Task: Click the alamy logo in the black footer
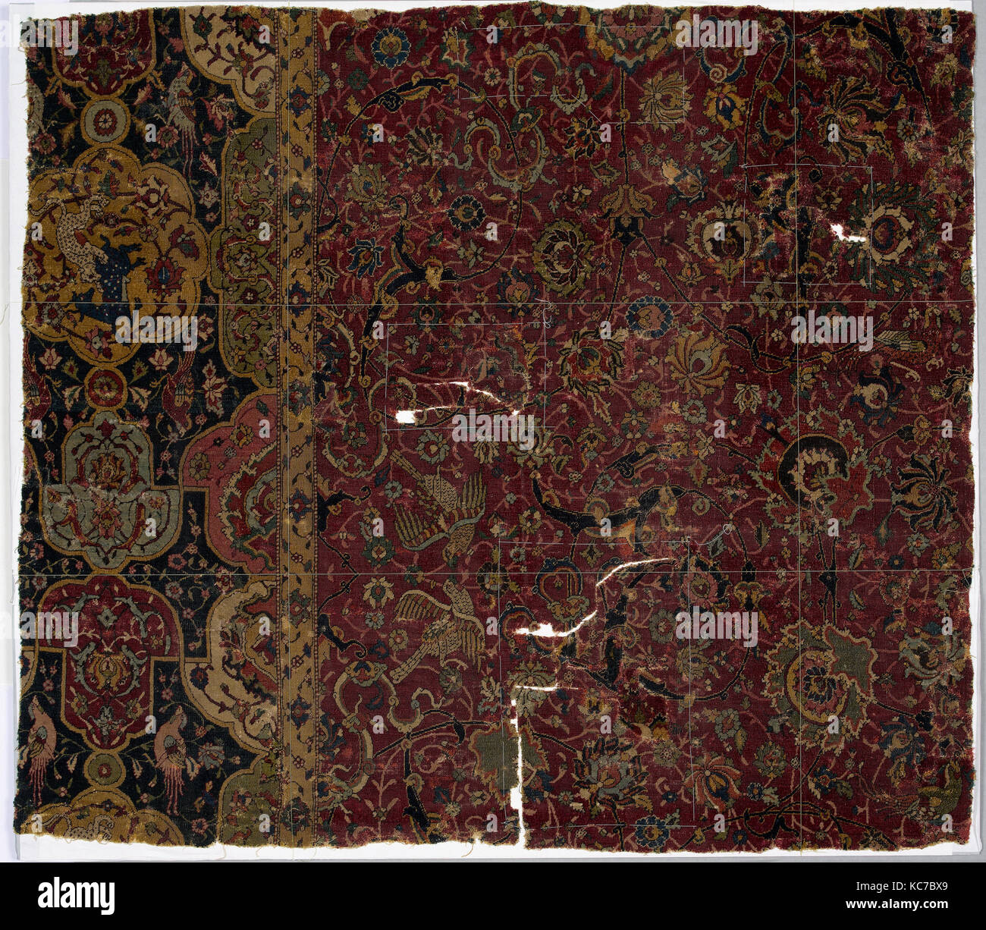77,896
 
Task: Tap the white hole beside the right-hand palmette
847,233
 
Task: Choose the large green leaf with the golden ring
823,675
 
